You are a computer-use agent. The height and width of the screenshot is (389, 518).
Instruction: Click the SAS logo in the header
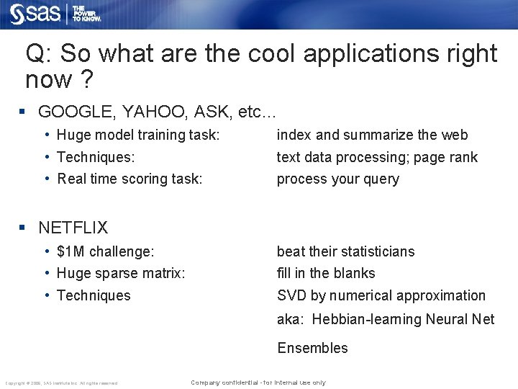click(35, 14)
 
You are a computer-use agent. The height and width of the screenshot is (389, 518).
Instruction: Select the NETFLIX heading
click(73, 228)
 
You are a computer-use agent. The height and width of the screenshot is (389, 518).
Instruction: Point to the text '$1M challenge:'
click(105, 251)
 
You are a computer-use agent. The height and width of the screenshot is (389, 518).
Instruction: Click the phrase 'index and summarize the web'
click(372, 135)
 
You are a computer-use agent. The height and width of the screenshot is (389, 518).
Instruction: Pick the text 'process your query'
click(337, 179)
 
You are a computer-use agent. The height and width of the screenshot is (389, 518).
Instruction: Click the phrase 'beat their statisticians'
click(345, 251)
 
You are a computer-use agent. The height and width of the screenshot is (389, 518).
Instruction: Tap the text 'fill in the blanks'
click(326, 273)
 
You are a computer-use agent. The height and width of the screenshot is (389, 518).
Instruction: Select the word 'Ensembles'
click(312, 348)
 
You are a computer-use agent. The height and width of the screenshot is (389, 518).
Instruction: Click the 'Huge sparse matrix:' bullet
click(120, 273)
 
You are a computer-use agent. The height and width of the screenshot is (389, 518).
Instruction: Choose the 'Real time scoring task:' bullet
click(129, 179)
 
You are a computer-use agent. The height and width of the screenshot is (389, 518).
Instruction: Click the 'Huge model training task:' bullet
click(137, 135)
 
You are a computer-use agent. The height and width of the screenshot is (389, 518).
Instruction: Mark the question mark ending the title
click(86, 79)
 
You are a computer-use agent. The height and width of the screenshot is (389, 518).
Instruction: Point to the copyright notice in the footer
click(61, 383)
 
